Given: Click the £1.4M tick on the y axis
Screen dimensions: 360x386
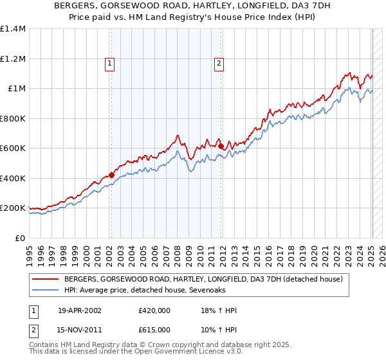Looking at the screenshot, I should (x=13, y=29).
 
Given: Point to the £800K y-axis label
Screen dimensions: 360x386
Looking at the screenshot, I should (x=13, y=118).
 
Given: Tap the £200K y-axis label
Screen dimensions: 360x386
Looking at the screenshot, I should (x=13, y=208).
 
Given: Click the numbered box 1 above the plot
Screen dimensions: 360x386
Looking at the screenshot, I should (x=110, y=63).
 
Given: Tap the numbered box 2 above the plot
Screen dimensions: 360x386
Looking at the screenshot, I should (x=219, y=63).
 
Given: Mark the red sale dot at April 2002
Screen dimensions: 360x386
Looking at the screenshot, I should (x=111, y=174).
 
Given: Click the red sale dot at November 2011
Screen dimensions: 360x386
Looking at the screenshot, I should (x=221, y=146).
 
